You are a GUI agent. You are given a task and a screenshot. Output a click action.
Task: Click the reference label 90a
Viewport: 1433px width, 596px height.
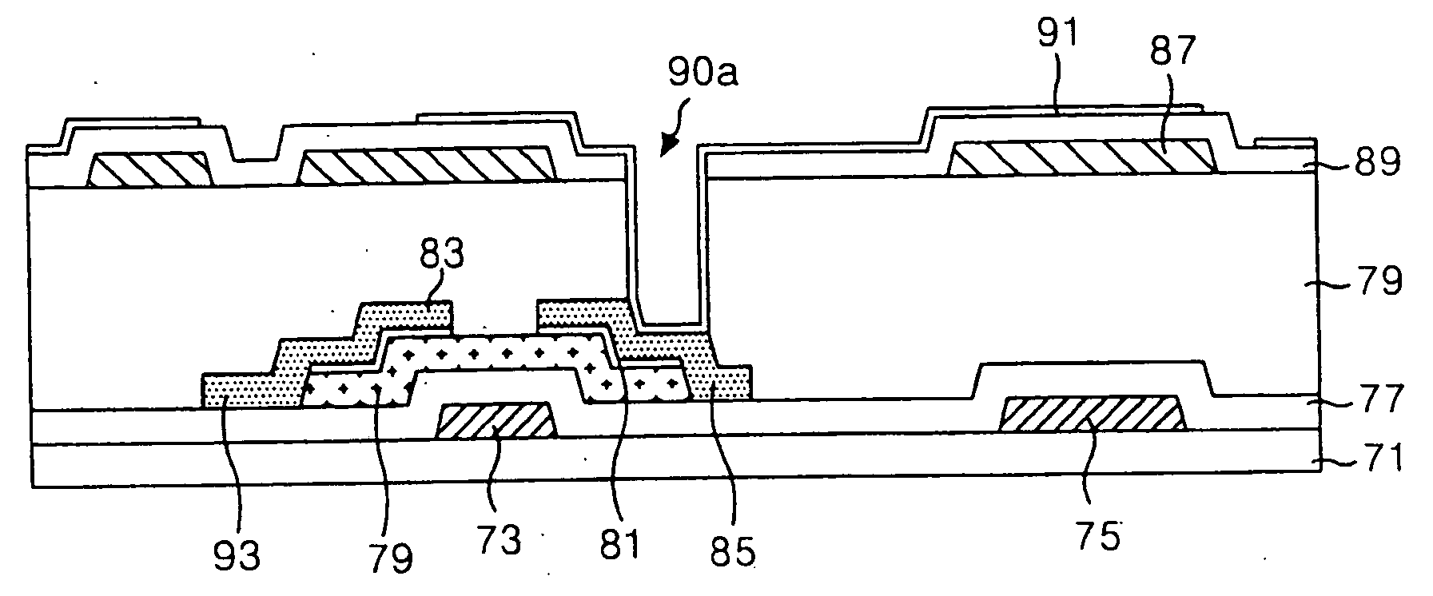[704, 74]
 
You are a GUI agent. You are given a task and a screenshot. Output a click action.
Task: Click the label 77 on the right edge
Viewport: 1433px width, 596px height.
[1380, 399]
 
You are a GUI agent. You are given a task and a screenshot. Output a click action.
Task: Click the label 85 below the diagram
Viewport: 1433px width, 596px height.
[734, 552]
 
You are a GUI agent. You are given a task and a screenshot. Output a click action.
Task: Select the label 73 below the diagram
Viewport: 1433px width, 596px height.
[500, 540]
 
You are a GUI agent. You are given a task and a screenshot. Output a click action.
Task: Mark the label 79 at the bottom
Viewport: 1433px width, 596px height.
[389, 557]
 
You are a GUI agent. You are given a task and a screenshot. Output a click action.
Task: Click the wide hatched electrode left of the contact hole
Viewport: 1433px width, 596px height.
[427, 166]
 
